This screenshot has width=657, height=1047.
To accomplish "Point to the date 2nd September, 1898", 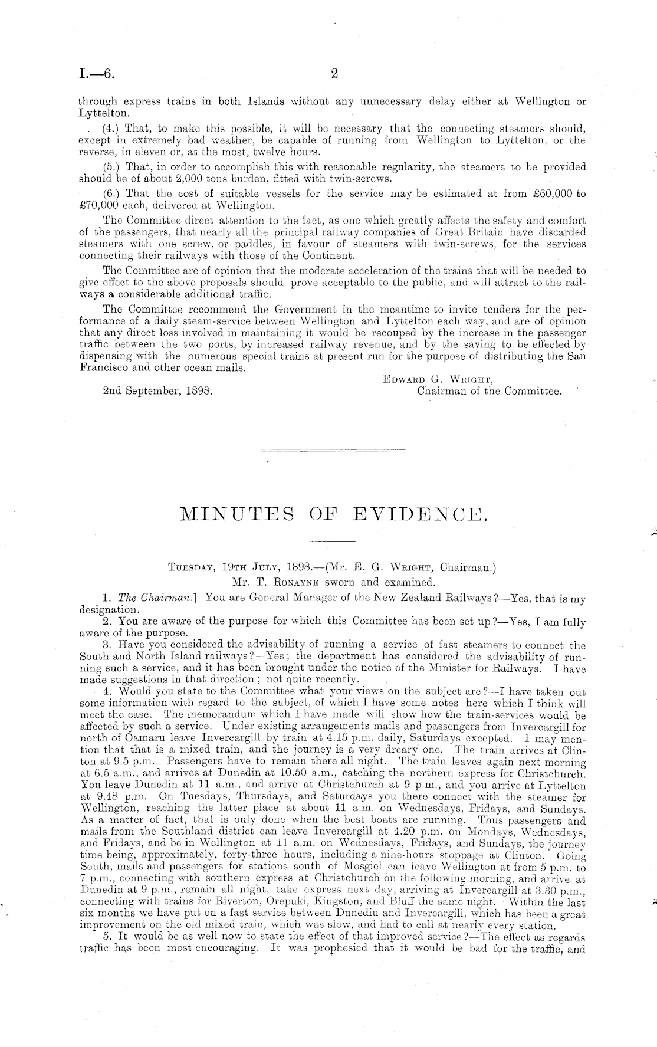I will (x=157, y=390).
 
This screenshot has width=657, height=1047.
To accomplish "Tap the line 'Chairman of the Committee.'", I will (x=489, y=390).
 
